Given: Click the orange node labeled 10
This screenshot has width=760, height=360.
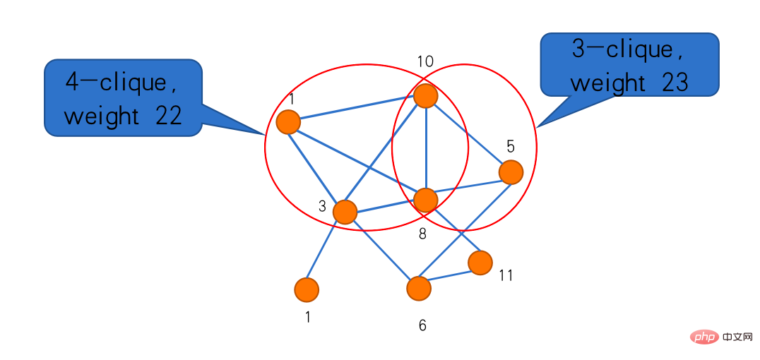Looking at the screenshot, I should (425, 95).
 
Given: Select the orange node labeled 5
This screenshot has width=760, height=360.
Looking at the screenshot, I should (510, 172).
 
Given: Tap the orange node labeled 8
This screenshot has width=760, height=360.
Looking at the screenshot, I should (425, 200).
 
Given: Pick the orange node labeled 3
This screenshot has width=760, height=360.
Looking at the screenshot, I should (345, 212).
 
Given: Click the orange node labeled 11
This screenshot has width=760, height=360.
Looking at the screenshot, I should (480, 263).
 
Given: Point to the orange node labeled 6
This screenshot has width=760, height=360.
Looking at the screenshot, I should (419, 288).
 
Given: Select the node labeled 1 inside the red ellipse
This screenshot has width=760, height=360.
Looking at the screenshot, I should (288, 122).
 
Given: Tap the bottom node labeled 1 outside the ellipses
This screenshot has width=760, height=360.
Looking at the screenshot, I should (307, 289).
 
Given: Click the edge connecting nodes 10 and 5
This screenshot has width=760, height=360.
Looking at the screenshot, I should (468, 134).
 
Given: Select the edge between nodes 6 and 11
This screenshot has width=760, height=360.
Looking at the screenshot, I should (449, 275).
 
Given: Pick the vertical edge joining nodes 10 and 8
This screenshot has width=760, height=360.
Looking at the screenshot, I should (425, 148).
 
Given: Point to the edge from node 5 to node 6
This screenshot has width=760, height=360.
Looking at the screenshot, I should (465, 230).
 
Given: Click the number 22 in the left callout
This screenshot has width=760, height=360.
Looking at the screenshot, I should (168, 115).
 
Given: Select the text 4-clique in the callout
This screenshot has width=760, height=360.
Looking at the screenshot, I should (120, 82).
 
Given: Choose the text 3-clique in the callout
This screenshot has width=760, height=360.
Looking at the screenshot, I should (622, 49).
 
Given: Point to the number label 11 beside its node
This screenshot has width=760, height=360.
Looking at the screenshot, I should (505, 275).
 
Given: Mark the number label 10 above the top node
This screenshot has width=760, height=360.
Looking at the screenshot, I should (425, 61).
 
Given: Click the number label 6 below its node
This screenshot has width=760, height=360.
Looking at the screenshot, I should (422, 325).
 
